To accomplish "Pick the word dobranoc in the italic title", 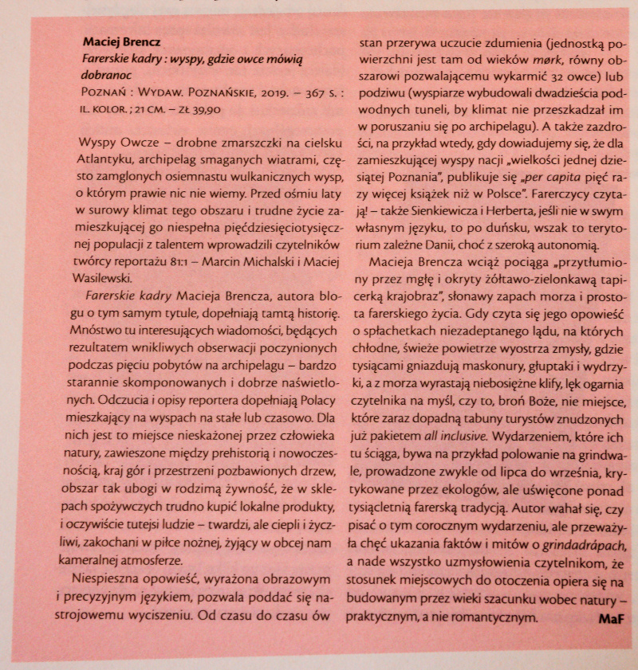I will point(109,75).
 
